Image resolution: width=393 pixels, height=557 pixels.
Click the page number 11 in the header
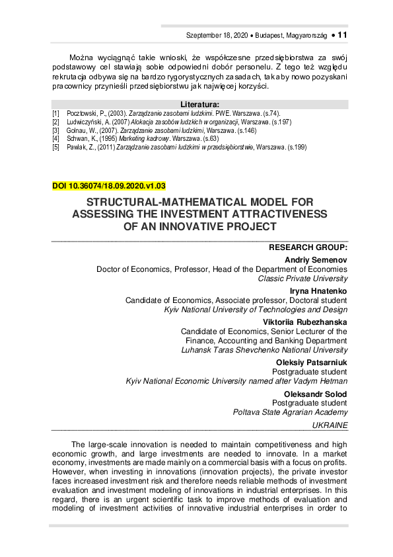point(342,34)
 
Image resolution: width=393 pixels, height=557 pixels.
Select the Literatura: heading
point(199,105)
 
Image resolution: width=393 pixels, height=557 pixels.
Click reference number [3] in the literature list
point(56,130)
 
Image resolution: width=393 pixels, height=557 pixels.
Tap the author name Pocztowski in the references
point(82,114)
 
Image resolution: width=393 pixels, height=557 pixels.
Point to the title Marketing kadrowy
point(136,139)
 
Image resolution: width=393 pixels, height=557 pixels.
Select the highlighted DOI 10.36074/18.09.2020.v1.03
point(109,187)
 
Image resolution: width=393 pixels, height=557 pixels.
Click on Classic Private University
point(303,278)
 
